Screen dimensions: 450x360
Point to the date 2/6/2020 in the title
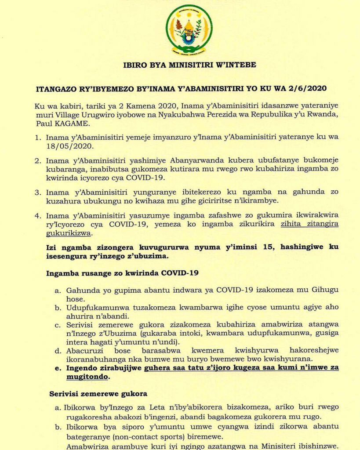tap(305, 88)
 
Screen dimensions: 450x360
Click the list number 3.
tap(38, 192)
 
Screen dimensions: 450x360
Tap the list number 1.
tap(38, 137)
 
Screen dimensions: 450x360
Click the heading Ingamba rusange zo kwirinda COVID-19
tap(122, 273)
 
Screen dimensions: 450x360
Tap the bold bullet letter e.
tap(58, 368)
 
